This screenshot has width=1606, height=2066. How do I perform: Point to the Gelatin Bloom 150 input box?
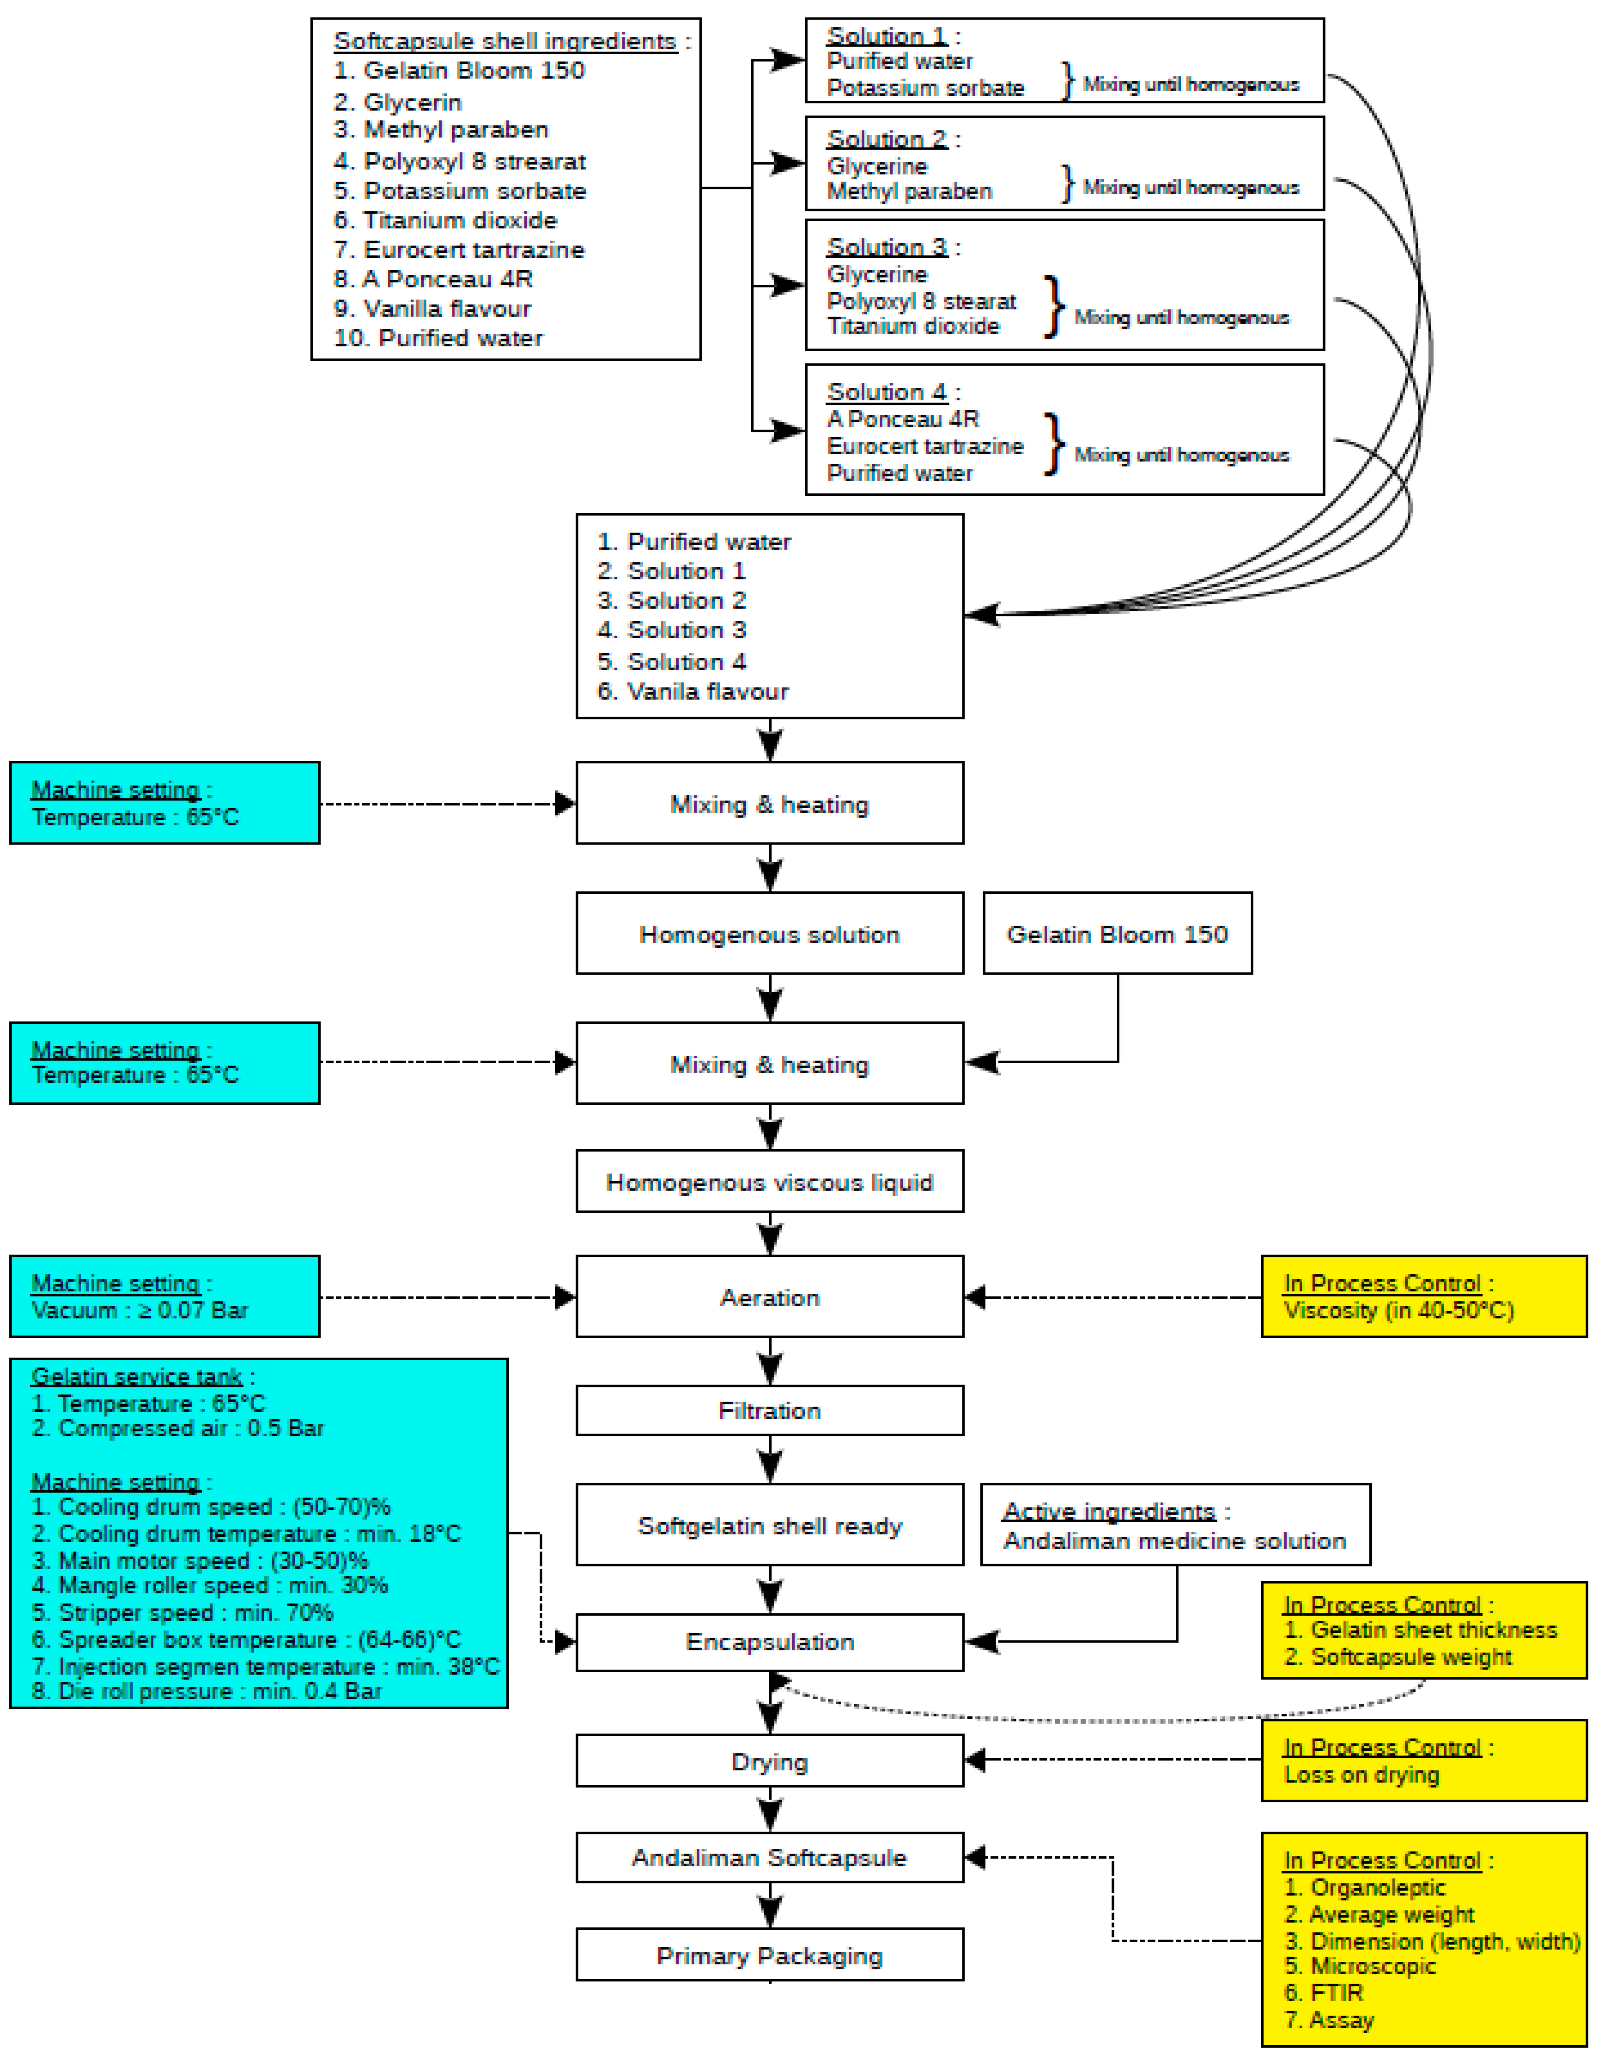[1117, 934]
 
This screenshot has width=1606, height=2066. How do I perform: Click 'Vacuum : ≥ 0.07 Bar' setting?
[140, 1310]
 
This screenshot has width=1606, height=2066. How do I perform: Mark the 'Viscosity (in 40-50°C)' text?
[1399, 1310]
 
